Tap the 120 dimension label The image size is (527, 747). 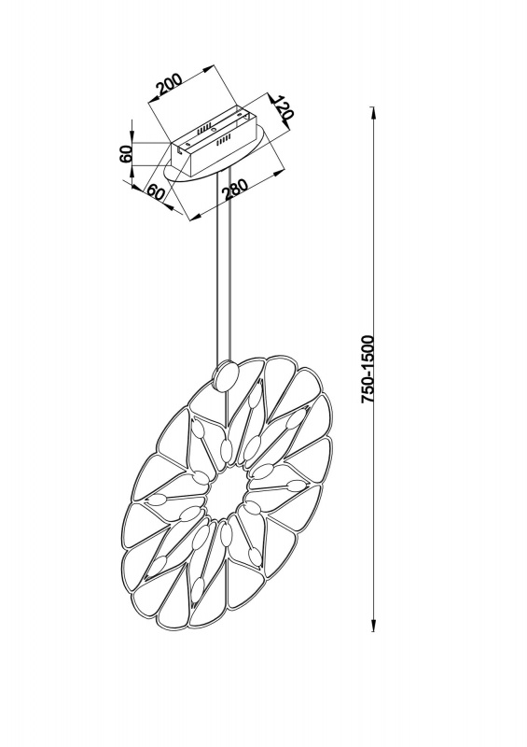pyautogui.click(x=284, y=108)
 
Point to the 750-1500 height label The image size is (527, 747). pyautogui.click(x=368, y=369)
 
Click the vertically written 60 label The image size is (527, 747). pyautogui.click(x=126, y=154)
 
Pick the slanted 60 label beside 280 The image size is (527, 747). pyautogui.click(x=155, y=191)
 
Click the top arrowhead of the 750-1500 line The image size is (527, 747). pyautogui.click(x=373, y=114)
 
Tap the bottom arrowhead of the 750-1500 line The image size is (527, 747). pyautogui.click(x=373, y=625)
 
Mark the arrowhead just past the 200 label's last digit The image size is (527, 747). pyautogui.click(x=205, y=69)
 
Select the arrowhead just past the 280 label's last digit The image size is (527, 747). pyautogui.click(x=278, y=172)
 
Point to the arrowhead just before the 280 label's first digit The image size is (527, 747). pyautogui.click(x=196, y=218)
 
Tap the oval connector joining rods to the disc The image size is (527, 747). pyautogui.click(x=227, y=376)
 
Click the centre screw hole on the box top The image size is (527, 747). pyautogui.click(x=214, y=130)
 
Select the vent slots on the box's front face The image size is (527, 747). pyautogui.click(x=224, y=139)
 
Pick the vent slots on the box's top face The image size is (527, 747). pyautogui.click(x=203, y=128)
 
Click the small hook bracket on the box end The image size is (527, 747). pyautogui.click(x=178, y=149)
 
